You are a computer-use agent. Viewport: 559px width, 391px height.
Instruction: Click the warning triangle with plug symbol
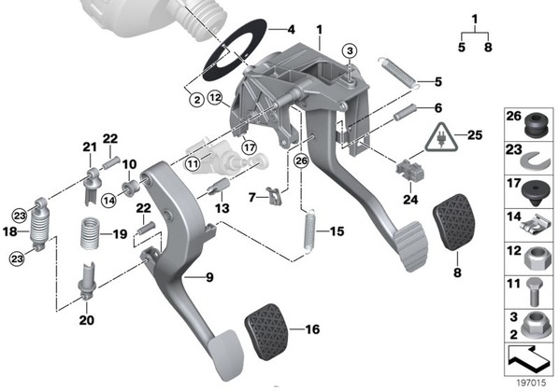point(441,138)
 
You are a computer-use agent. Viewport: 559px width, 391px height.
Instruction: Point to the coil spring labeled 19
point(90,233)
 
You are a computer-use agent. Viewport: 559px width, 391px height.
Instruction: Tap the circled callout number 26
point(301,161)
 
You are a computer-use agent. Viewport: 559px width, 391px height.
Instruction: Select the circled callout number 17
point(250,147)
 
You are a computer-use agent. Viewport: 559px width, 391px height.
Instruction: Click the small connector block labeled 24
point(410,169)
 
